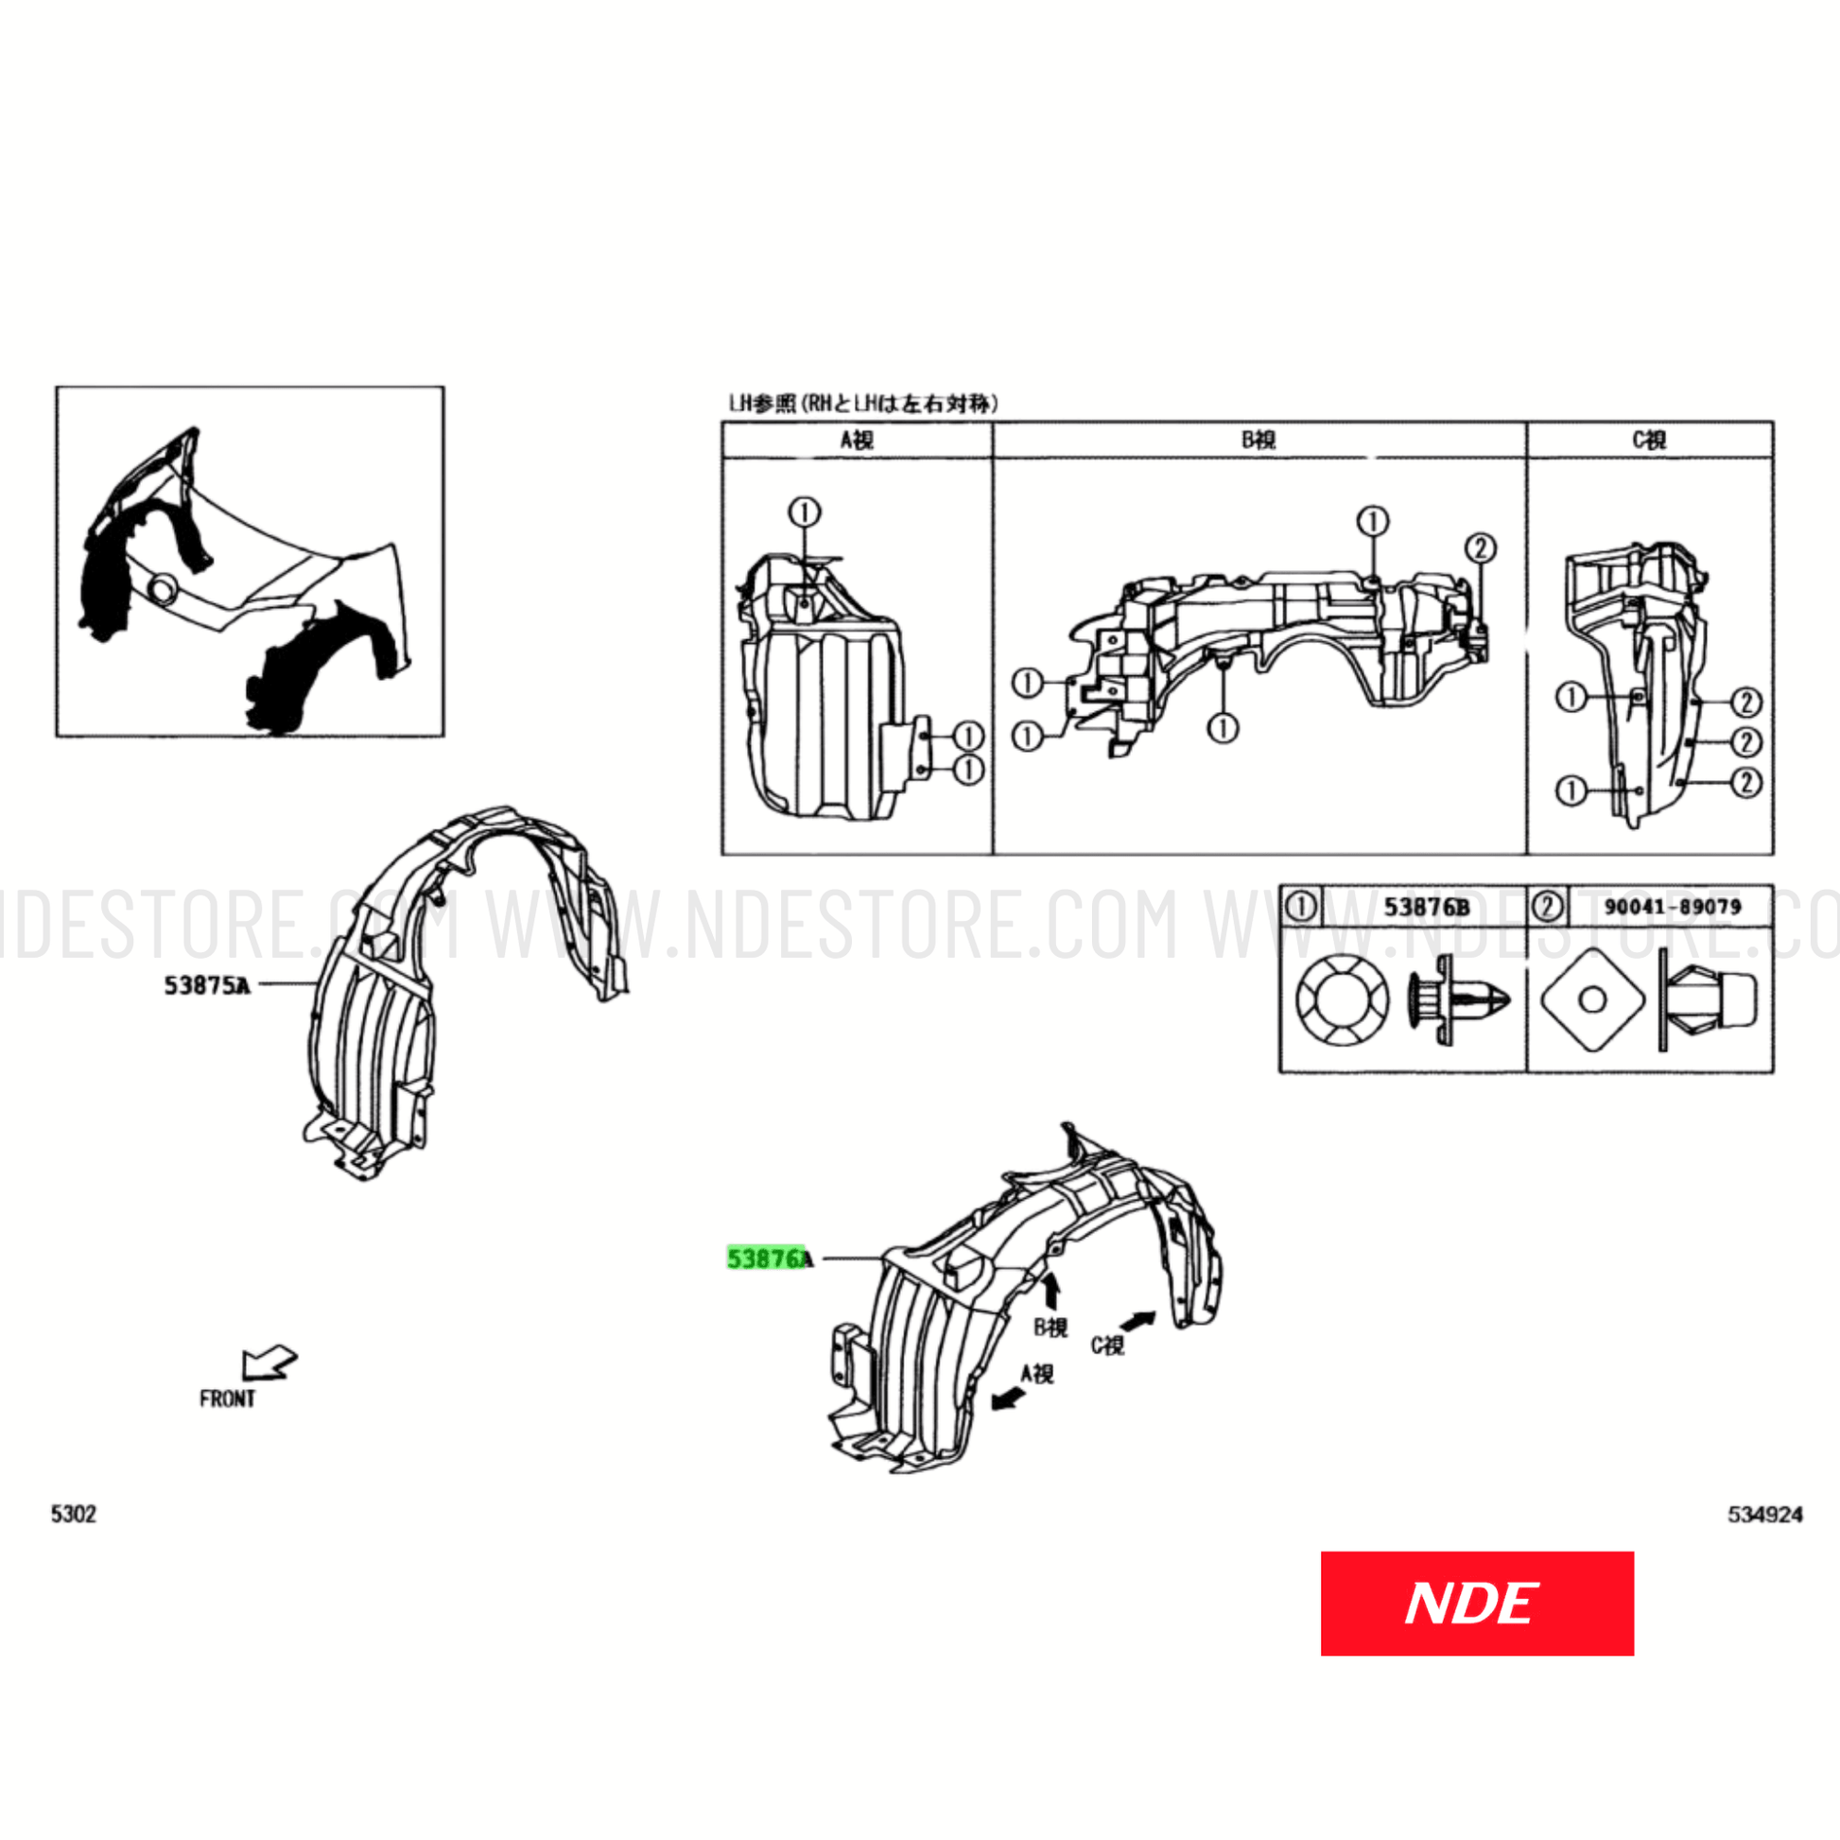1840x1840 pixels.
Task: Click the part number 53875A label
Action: point(207,985)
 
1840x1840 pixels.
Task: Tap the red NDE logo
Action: point(1476,1603)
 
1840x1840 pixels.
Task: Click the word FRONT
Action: point(227,1399)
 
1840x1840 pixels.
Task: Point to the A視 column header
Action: point(857,440)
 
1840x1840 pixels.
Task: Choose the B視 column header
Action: point(1258,440)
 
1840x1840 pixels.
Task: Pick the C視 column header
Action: point(1649,440)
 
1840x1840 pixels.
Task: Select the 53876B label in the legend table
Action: point(1426,907)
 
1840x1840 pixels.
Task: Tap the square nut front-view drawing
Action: point(1592,1000)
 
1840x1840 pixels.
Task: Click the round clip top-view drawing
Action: point(1342,1001)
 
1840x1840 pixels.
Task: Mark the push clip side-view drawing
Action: point(1457,1001)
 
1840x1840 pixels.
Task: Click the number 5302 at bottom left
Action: point(74,1515)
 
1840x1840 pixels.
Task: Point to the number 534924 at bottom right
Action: point(1764,1515)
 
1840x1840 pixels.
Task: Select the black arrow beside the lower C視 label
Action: point(1138,1320)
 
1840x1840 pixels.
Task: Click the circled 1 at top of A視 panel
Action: point(804,512)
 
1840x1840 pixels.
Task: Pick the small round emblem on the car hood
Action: point(163,589)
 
